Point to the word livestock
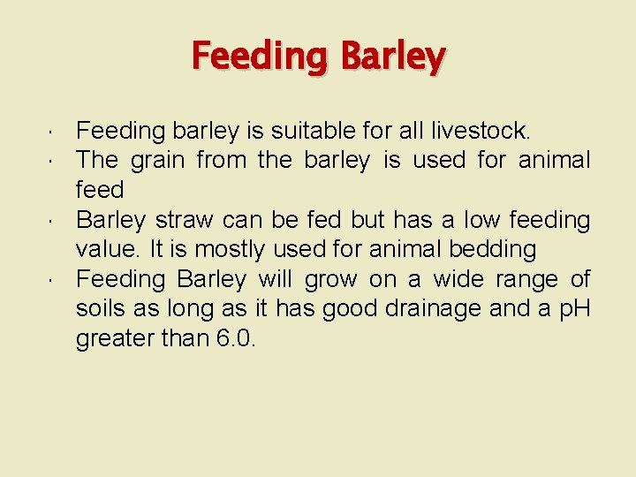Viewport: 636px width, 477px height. point(481,132)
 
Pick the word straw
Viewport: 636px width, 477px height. point(183,220)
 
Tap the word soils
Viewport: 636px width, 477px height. point(99,309)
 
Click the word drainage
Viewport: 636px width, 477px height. point(418,309)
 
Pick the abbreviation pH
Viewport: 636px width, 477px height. point(572,309)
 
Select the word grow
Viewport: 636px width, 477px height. point(330,280)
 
